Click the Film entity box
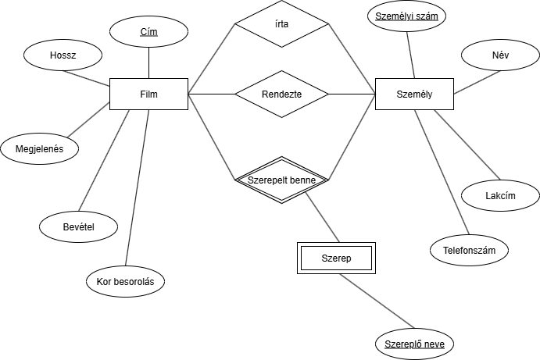coord(148,94)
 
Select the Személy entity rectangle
coord(414,94)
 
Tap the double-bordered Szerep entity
coord(337,258)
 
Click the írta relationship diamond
coord(281,23)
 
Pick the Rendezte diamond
coord(281,94)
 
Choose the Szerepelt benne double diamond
coord(281,180)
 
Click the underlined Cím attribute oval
coord(148,31)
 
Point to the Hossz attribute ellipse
coord(63,55)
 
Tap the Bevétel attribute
coord(78,226)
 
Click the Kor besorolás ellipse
coord(125,281)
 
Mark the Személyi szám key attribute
coord(406,16)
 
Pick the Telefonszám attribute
coord(469,250)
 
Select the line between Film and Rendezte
coord(211,94)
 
